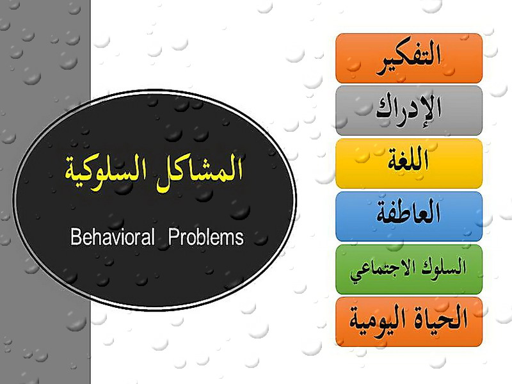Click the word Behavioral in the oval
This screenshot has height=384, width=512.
113,237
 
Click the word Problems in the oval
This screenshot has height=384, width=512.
206,237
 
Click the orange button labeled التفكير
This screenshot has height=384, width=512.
409,58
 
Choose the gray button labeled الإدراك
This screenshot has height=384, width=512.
409,111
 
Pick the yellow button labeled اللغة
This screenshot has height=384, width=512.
409,164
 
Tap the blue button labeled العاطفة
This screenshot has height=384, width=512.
409,216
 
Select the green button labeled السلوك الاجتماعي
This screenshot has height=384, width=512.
409,269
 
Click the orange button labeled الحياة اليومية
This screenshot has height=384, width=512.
409,322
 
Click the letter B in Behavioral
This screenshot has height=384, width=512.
75,237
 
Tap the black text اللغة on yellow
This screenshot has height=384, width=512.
408,159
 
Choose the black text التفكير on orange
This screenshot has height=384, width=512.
409,60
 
